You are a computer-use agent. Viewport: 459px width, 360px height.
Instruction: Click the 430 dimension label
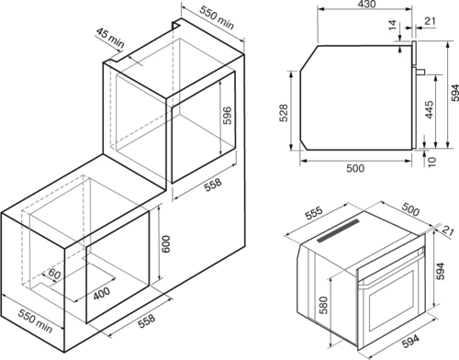point(366,5)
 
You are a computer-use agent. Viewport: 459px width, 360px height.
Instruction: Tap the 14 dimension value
point(393,25)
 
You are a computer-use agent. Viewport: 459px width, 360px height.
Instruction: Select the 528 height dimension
point(285,113)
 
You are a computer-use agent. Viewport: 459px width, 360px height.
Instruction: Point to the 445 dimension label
point(430,109)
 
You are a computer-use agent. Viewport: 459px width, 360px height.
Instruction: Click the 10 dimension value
point(431,162)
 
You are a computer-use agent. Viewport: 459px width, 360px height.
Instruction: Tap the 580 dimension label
point(323,305)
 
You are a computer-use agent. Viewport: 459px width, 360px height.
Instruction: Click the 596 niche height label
point(227,115)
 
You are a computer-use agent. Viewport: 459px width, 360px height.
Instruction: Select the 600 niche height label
point(165,243)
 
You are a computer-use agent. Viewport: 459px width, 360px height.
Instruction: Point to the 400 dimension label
point(102,293)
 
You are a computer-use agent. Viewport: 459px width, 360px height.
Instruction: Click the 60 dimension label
point(54,274)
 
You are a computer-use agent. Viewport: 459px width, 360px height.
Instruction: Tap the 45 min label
point(110,38)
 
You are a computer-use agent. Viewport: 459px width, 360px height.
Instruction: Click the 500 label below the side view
point(355,168)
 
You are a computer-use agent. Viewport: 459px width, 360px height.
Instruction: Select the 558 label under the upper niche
point(213,185)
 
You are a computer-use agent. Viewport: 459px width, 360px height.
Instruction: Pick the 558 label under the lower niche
point(147,321)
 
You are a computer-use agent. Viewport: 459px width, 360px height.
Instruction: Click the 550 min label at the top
point(217,17)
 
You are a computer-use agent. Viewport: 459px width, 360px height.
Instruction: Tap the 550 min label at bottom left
point(35,321)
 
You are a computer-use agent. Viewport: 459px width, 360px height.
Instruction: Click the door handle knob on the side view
point(420,72)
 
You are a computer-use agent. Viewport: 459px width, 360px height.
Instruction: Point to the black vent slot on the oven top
point(339,230)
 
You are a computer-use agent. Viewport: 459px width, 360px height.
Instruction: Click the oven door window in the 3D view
point(392,300)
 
